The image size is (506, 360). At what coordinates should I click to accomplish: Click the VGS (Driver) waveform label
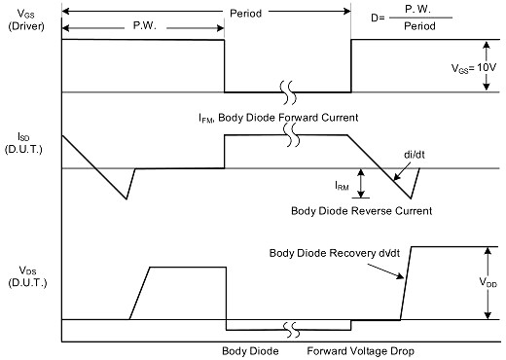coord(26,19)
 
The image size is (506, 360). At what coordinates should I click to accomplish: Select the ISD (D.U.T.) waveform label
coord(23,143)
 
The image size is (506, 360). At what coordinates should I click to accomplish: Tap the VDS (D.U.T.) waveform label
coord(27,276)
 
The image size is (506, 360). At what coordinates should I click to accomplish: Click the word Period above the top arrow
coord(245,14)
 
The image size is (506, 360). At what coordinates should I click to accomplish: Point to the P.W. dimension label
coord(145,25)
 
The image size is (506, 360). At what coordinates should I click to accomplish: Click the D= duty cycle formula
coord(412,18)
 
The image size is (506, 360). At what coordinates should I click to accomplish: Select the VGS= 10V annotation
coord(474,68)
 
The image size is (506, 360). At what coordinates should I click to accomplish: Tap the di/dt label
coord(415,155)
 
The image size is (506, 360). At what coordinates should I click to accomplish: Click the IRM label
coord(342,186)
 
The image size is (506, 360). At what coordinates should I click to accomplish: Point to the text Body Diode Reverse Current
coord(362,211)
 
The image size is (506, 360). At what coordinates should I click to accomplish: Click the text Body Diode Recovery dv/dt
coord(335,253)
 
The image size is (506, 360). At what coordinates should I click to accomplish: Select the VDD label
coord(488,282)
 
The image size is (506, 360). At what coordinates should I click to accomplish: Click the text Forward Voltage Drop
coord(360,351)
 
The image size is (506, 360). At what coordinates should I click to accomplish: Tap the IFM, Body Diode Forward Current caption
coord(278,118)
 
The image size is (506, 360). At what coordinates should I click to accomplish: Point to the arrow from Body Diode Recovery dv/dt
coord(385,271)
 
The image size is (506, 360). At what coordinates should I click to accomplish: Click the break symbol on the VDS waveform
coord(290,330)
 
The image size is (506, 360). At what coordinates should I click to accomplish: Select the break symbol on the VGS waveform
coord(289,92)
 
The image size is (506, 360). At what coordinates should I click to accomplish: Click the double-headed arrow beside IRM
coord(361,183)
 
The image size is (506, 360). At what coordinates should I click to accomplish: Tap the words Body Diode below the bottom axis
coord(250,351)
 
